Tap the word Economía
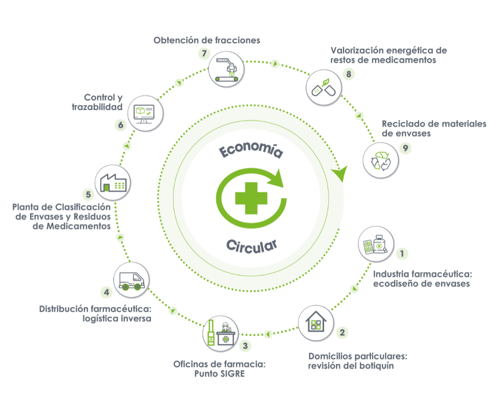[251, 150]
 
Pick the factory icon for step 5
[112, 182]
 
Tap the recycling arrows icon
[382, 160]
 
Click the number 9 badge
[405, 148]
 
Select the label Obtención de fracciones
[207, 40]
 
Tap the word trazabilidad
[97, 107]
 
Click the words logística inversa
[117, 318]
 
